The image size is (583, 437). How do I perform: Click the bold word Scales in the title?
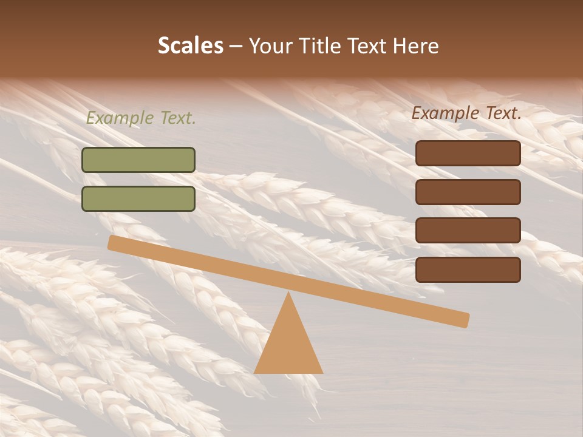191,46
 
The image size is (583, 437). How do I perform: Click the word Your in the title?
270,46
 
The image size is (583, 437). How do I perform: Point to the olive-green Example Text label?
141,118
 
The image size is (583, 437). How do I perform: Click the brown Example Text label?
466,113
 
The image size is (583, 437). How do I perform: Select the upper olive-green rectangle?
138,160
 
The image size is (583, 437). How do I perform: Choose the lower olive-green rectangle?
138,198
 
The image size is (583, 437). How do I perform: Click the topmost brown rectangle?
468,154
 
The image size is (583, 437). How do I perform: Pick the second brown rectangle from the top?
468,192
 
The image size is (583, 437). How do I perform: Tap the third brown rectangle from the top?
468,231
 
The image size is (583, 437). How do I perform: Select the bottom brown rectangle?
468,269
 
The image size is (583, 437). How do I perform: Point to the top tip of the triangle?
288,294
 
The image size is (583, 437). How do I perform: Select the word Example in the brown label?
445,113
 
